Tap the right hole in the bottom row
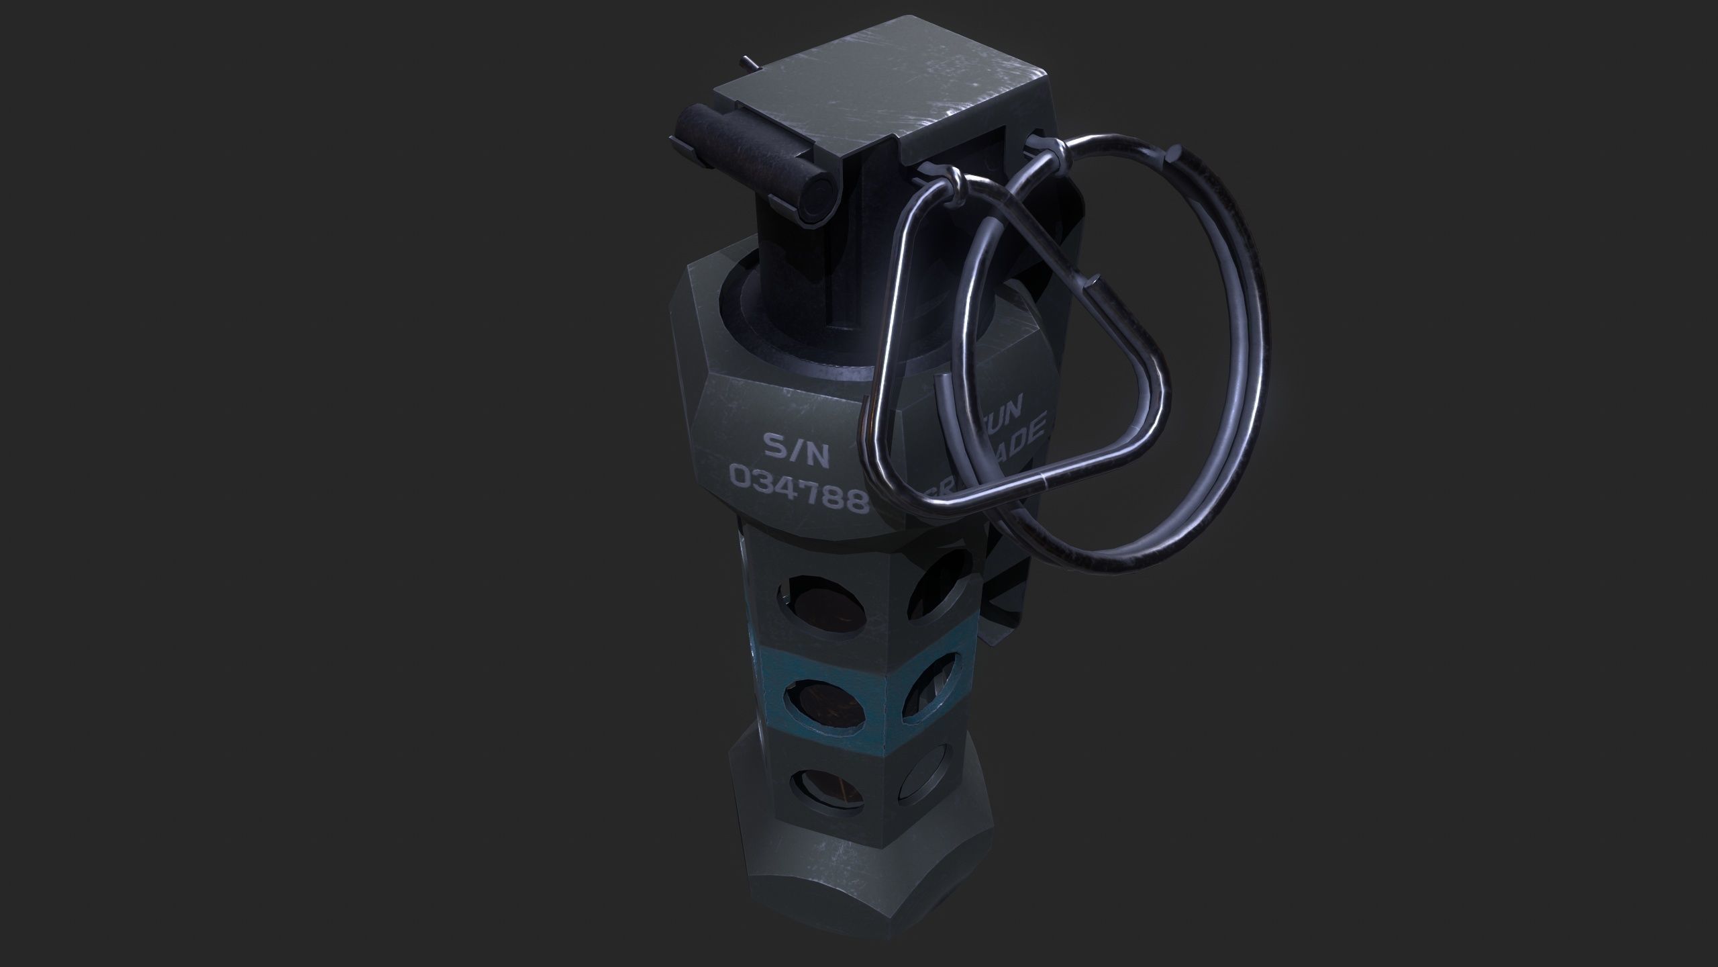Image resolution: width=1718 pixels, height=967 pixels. (920, 802)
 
